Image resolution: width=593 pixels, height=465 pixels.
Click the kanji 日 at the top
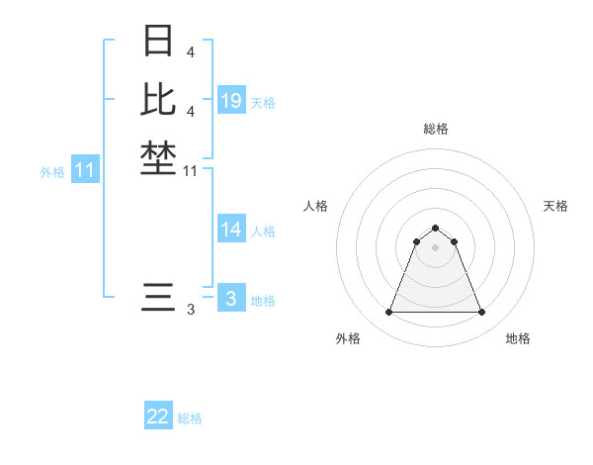click(158, 41)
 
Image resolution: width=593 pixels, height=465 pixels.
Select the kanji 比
click(158, 99)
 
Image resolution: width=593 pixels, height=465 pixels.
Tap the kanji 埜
click(158, 157)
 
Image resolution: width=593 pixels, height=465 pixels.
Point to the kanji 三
click(158, 297)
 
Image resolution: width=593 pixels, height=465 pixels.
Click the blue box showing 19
click(231, 101)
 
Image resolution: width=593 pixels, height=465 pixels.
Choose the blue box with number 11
click(85, 171)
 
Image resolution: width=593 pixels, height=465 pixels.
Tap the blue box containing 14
click(231, 230)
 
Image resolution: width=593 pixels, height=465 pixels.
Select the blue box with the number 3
click(231, 299)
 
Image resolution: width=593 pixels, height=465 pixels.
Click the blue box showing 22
click(158, 417)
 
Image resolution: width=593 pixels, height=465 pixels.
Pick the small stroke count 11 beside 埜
click(191, 171)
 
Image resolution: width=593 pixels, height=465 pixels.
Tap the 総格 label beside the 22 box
click(190, 418)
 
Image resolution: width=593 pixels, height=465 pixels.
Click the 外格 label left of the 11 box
click(52, 172)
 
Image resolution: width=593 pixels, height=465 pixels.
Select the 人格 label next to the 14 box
click(263, 232)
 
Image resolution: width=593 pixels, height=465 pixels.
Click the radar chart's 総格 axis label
click(436, 129)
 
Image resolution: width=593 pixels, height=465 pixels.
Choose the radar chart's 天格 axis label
click(555, 206)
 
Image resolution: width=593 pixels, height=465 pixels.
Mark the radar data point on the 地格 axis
click(481, 313)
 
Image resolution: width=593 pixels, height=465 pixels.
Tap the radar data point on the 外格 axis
click(389, 313)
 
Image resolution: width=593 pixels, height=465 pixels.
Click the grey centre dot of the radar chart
click(436, 247)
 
